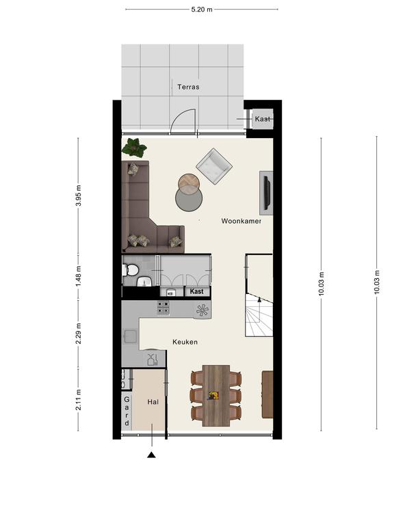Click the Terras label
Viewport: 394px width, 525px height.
click(188, 87)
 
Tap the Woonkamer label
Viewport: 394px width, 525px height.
click(241, 221)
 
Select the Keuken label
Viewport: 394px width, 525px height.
click(185, 342)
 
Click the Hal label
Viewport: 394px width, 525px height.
click(153, 402)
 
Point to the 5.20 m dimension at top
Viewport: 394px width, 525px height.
click(202, 10)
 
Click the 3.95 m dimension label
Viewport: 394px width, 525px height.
click(79, 196)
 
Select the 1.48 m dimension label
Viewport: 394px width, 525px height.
click(79, 276)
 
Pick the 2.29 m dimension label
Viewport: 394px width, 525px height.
click(79, 334)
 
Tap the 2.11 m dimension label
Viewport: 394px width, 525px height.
click(79, 399)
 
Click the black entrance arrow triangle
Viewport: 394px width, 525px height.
click(151, 455)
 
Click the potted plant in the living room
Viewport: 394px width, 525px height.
click(134, 148)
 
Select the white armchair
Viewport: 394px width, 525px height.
click(214, 166)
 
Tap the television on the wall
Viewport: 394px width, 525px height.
click(267, 192)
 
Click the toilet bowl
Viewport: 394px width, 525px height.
click(131, 270)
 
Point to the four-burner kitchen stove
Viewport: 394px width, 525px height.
click(163, 308)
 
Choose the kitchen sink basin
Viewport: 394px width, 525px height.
click(130, 336)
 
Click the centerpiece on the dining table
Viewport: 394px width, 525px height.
click(213, 395)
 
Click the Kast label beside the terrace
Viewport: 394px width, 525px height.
click(263, 119)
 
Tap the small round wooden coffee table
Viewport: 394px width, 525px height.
click(189, 184)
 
